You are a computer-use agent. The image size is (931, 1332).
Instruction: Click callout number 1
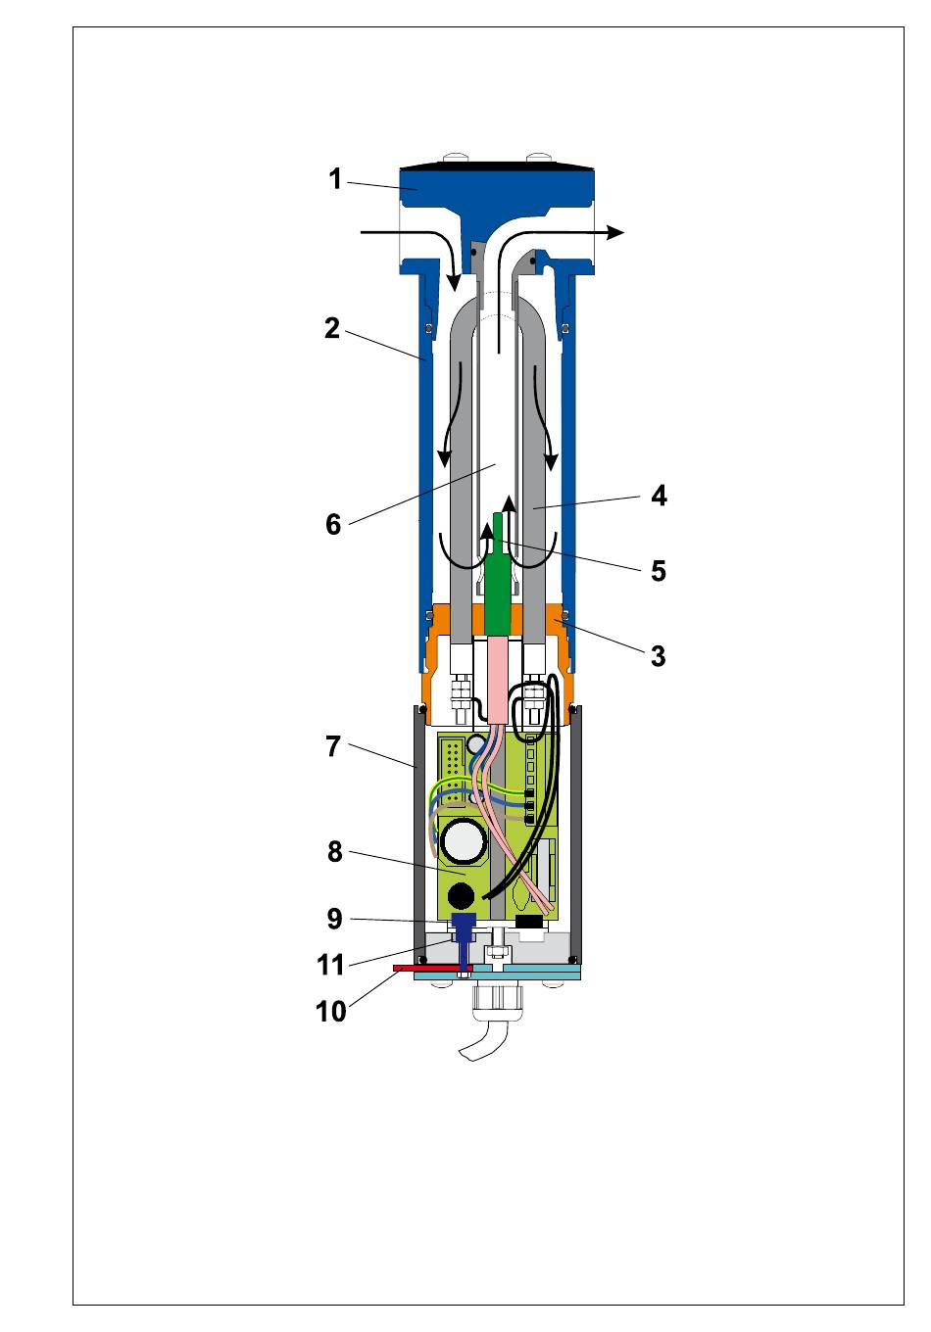click(x=335, y=180)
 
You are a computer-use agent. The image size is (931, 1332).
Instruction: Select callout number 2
click(x=332, y=329)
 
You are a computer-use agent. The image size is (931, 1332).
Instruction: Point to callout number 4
click(x=659, y=496)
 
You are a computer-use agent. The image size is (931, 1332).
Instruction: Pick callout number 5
click(x=658, y=570)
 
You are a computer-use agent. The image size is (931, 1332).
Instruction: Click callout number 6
click(x=333, y=525)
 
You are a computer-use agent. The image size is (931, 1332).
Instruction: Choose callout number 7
click(x=333, y=747)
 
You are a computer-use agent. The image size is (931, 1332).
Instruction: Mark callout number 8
click(x=334, y=852)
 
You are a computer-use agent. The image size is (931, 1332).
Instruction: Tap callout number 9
click(x=334, y=919)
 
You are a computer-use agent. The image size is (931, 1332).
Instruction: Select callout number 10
click(x=331, y=1011)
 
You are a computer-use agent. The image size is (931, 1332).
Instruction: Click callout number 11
click(x=331, y=966)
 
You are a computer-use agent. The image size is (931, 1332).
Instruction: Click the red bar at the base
click(x=431, y=969)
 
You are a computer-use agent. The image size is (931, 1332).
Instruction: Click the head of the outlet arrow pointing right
click(x=615, y=232)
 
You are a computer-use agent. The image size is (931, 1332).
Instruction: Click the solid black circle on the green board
click(x=460, y=896)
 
